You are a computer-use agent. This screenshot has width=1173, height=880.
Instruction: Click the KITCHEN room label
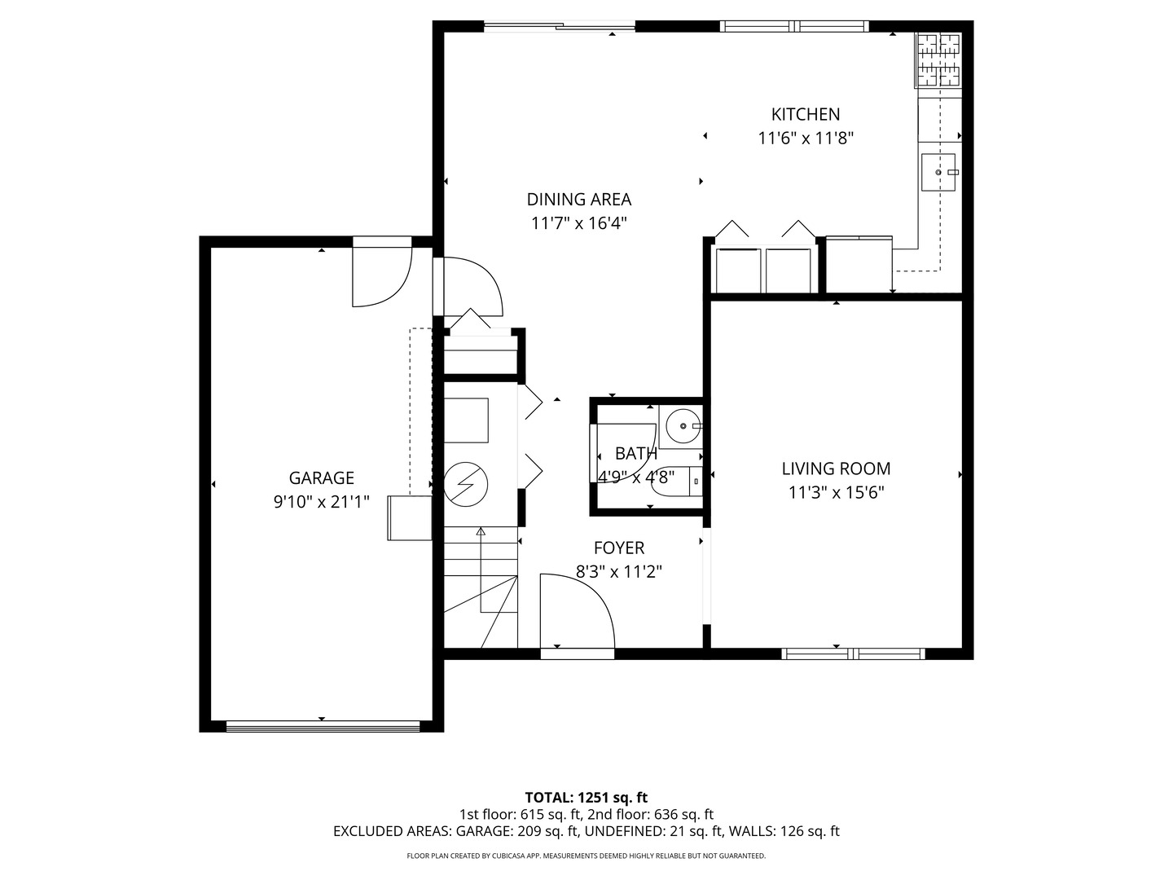point(806,114)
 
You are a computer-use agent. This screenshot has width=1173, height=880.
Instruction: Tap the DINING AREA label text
point(578,199)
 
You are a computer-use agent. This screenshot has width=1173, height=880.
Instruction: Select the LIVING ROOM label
point(836,469)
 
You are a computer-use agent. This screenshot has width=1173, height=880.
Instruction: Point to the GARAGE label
point(321,478)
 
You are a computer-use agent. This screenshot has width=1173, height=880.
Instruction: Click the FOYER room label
point(618,548)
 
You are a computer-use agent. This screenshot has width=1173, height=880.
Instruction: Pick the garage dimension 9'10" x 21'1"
point(321,502)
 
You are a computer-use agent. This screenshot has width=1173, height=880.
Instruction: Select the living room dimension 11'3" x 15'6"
point(836,492)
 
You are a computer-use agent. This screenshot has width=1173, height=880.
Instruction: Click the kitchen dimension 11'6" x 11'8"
point(806,139)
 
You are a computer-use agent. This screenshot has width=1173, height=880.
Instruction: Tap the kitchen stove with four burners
point(939,59)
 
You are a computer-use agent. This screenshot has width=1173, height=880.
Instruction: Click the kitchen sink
point(938,173)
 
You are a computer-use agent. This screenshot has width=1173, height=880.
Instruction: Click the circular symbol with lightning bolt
point(465,485)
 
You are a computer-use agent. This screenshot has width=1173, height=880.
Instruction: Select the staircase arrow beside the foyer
point(481,570)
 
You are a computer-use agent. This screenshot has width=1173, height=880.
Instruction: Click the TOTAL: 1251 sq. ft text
point(586,797)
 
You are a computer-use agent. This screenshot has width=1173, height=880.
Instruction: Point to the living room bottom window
point(853,653)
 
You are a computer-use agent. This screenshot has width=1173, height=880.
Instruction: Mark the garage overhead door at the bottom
point(323,725)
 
